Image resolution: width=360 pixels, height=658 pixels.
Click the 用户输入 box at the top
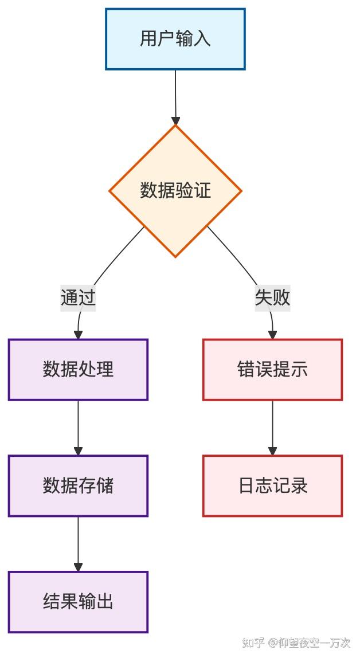[x=175, y=39]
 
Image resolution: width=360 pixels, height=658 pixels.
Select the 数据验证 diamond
[x=175, y=190]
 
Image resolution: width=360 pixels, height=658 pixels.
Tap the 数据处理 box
[x=78, y=369]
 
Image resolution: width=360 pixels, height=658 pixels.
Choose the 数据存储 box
[x=78, y=485]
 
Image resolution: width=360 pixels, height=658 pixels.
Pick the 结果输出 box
[x=78, y=602]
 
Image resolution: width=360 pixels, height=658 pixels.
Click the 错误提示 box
[x=272, y=369]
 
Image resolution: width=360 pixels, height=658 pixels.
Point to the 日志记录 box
[x=272, y=485]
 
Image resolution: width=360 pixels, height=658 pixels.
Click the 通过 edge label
[x=78, y=297]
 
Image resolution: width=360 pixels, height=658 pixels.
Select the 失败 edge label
[x=272, y=297]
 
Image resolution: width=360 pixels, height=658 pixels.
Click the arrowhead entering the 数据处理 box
[x=78, y=335]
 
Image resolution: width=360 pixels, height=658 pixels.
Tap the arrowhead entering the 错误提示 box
[x=272, y=335]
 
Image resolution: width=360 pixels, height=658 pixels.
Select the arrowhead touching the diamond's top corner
[x=175, y=120]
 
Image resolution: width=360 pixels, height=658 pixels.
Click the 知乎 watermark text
[x=253, y=643]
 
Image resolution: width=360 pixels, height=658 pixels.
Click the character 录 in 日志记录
[x=299, y=485]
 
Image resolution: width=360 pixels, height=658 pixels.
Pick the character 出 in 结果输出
[x=105, y=602]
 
